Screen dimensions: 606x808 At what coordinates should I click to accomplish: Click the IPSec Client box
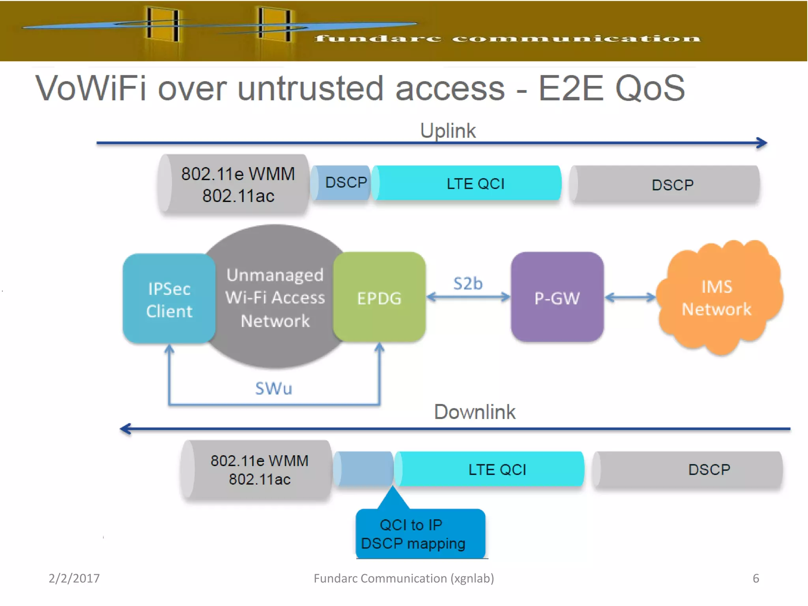(169, 299)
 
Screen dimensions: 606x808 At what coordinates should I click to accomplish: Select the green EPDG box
(379, 298)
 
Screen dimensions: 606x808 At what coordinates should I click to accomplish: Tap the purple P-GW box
(557, 298)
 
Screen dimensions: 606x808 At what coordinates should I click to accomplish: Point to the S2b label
(468, 284)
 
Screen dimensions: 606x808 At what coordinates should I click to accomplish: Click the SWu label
(273, 389)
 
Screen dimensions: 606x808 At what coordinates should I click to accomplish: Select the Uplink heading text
(448, 131)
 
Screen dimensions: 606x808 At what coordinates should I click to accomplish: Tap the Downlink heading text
(475, 412)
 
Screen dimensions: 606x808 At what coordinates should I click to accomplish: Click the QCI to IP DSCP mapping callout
(420, 534)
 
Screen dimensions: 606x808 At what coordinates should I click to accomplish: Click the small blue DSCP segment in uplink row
(342, 183)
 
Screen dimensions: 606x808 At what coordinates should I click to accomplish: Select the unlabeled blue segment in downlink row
(364, 469)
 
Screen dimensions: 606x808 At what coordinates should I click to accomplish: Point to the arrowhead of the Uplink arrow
(762, 143)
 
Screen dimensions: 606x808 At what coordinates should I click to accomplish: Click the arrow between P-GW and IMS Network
(630, 297)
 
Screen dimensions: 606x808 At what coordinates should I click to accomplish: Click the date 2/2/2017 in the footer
(74, 578)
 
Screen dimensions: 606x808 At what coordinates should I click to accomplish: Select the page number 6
(756, 578)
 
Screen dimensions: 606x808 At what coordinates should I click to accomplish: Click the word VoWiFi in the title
(91, 88)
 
